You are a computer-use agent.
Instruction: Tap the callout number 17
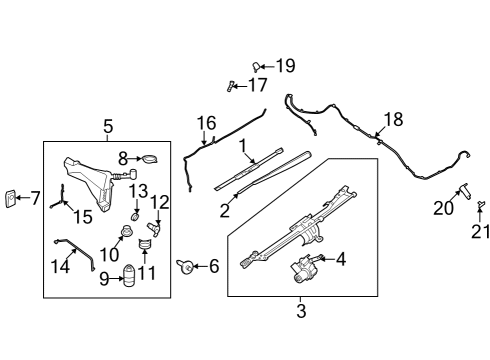(x=258, y=85)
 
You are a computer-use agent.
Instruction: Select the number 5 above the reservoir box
(x=108, y=127)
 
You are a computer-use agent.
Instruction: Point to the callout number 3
(x=301, y=311)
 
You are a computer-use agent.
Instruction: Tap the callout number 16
(x=206, y=123)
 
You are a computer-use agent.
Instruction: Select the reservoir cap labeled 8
(x=148, y=158)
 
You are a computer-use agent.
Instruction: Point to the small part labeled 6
(x=185, y=265)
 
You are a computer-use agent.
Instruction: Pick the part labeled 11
(x=147, y=242)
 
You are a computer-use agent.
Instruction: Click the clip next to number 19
(x=256, y=65)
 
